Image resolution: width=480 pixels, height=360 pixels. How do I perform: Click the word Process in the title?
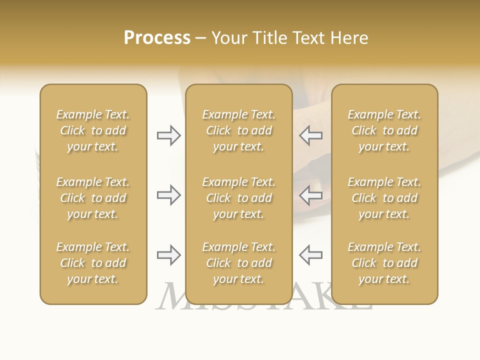[157, 38]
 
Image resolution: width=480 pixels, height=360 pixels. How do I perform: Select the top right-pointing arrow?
[168, 135]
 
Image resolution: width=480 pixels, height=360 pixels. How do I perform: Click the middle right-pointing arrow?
[168, 195]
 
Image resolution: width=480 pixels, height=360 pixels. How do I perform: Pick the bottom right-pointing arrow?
[168, 255]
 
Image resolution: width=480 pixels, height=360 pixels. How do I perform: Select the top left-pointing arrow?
[310, 135]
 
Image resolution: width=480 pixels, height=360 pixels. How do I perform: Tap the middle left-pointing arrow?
[310, 195]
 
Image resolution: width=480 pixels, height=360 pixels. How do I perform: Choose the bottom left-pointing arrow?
[310, 255]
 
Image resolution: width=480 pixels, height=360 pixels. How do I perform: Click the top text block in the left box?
[93, 130]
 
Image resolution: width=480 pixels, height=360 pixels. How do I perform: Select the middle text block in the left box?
[93, 198]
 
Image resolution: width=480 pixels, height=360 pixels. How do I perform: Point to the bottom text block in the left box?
[93, 263]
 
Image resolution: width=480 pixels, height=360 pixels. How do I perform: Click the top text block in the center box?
[238, 130]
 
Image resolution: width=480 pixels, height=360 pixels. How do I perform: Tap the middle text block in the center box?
[238, 198]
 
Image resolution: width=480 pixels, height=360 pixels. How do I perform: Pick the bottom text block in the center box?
[238, 263]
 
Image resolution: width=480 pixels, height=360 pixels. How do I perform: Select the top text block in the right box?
[384, 130]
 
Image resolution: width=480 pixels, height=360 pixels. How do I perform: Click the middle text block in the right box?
[384, 198]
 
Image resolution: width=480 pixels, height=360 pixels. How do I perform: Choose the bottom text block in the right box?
[384, 263]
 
